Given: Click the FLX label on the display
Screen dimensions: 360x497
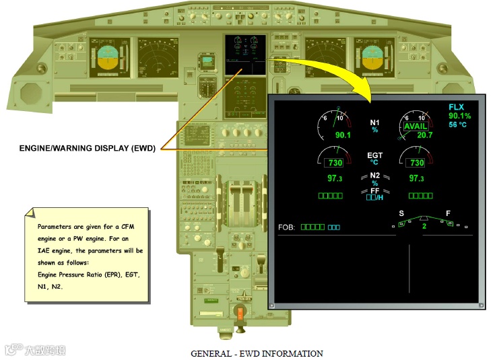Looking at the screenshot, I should pyautogui.click(x=457, y=107).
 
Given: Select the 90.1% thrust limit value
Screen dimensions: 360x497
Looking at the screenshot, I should pyautogui.click(x=459, y=116).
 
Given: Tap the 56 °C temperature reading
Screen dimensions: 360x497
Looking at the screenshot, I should pyautogui.click(x=457, y=124).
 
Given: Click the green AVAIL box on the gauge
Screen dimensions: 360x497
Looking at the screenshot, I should pyautogui.click(x=416, y=127).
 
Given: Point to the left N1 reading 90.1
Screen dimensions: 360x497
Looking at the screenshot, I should pyautogui.click(x=343, y=135).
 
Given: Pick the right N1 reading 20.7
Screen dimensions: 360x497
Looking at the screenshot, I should pyautogui.click(x=424, y=135).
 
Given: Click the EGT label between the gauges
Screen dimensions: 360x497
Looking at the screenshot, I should pyautogui.click(x=374, y=155).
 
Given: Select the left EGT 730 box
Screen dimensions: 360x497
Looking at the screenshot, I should pyautogui.click(x=335, y=163).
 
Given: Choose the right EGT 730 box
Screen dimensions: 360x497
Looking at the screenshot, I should pyautogui.click(x=417, y=163).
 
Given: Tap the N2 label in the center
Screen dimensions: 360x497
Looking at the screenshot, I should pyautogui.click(x=374, y=176).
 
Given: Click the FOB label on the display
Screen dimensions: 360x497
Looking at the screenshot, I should pyautogui.click(x=287, y=227).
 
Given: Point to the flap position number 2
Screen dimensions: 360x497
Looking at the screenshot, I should pyautogui.click(x=424, y=227).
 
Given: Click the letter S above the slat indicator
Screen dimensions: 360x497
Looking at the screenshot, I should pyautogui.click(x=401, y=213).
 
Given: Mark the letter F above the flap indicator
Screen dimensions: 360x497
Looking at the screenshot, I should pyautogui.click(x=448, y=213).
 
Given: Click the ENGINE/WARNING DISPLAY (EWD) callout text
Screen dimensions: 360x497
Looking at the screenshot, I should pyautogui.click(x=88, y=149).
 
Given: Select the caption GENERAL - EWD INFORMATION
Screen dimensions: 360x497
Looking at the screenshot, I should pyautogui.click(x=257, y=353).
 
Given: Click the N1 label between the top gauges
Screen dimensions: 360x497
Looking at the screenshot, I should pyautogui.click(x=375, y=122).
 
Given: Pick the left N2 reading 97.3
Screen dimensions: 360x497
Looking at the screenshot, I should pyautogui.click(x=335, y=178).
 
